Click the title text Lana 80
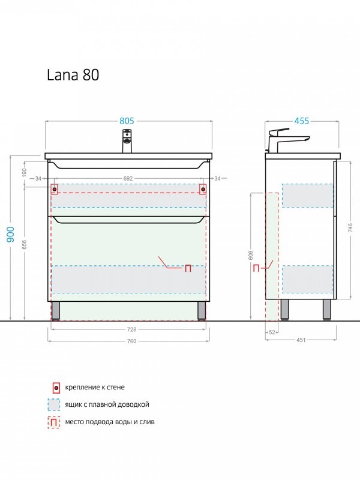73,75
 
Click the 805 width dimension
126,121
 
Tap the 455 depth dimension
302,121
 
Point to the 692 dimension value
128,178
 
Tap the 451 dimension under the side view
301,340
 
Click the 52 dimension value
271,332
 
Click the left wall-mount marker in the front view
55,190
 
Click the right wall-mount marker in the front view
203,190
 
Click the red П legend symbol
55,422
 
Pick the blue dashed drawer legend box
55,405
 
